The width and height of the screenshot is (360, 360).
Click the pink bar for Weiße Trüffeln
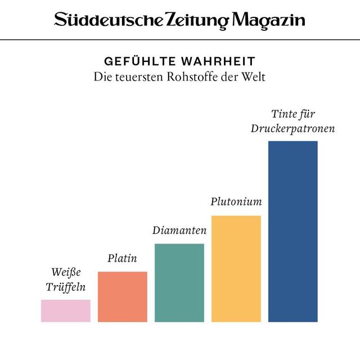pyautogui.click(x=65, y=310)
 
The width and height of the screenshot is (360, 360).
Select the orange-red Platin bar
pyautogui.click(x=122, y=296)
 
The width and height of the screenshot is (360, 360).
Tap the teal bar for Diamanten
pyautogui.click(x=179, y=282)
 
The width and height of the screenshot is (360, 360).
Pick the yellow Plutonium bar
pyautogui.click(x=236, y=268)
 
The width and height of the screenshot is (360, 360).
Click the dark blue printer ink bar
pyautogui.click(x=292, y=231)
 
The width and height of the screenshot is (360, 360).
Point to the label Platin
pyautogui.click(x=122, y=259)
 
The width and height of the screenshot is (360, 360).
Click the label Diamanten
pyautogui.click(x=179, y=231)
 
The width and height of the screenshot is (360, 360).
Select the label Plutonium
pyautogui.click(x=236, y=201)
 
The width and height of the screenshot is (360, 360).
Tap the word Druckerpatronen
pyautogui.click(x=293, y=129)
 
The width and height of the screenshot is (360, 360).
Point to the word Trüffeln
pyautogui.click(x=65, y=287)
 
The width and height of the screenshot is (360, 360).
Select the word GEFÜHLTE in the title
pyautogui.click(x=134, y=61)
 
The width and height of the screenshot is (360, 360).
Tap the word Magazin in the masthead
pyautogui.click(x=269, y=21)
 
